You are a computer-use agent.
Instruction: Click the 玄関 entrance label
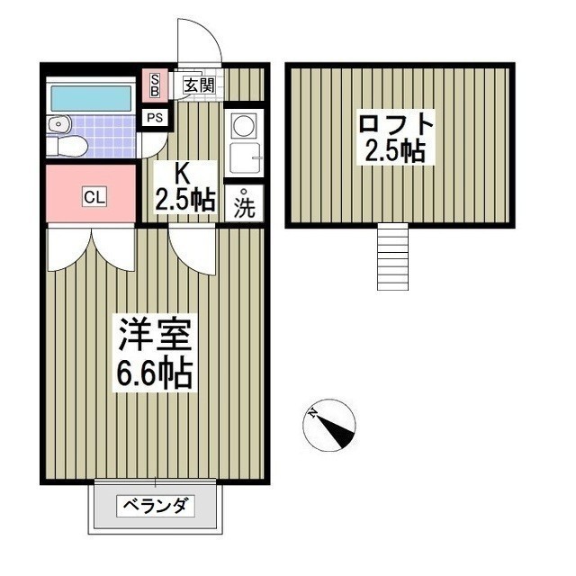(200, 85)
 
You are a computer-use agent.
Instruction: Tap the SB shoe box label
(154, 85)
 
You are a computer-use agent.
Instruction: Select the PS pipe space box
(155, 117)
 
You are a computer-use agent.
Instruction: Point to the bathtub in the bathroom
(90, 97)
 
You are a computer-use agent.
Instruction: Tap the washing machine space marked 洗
(245, 204)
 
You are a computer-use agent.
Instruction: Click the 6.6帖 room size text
(153, 373)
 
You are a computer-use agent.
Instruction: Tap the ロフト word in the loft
(396, 122)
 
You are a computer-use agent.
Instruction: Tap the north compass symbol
(330, 426)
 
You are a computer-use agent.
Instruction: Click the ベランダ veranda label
(155, 506)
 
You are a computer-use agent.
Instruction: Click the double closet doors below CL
(91, 247)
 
